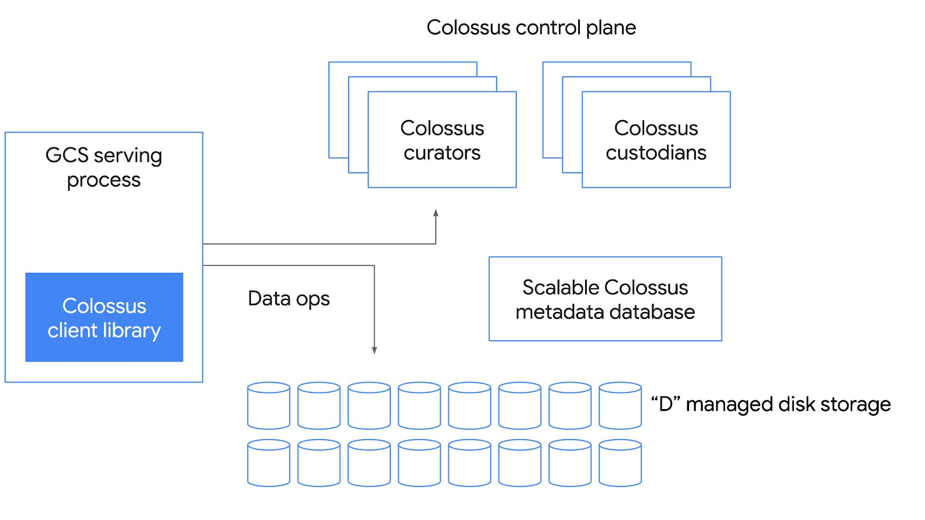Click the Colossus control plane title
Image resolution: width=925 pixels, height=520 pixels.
[x=531, y=28]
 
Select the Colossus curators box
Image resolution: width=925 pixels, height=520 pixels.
[x=442, y=140]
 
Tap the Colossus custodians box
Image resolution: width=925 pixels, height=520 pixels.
[x=656, y=140]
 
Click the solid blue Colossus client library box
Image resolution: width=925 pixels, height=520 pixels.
[x=104, y=317]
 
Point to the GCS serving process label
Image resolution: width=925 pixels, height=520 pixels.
[x=104, y=167]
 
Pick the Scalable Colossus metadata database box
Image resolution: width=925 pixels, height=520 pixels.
[x=605, y=299]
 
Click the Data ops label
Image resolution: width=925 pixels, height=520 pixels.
[x=288, y=299]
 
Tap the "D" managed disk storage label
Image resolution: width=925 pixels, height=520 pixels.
[x=771, y=404]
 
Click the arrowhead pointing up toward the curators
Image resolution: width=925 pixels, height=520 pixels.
[x=436, y=213]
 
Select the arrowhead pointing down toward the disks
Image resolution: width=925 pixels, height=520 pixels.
[x=375, y=350]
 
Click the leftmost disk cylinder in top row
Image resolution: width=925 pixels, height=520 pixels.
[x=269, y=406]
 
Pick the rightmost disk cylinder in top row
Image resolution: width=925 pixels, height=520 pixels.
[x=620, y=406]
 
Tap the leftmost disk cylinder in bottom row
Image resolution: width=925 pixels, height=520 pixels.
[x=269, y=463]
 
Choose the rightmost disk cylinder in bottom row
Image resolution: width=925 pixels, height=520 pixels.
[x=620, y=463]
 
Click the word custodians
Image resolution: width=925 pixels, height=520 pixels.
[x=656, y=153]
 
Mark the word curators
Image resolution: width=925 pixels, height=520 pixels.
[x=442, y=153]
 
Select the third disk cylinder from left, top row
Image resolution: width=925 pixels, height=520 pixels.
[x=369, y=406]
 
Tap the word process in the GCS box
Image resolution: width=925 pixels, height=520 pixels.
[x=104, y=180]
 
